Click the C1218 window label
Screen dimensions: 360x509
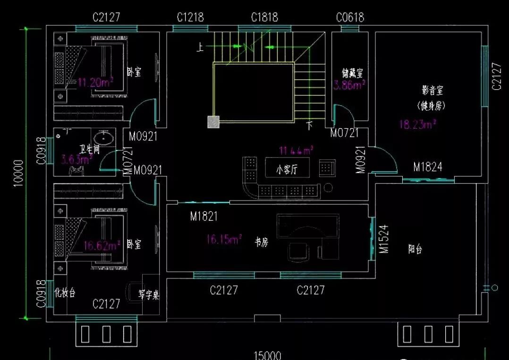pos(190,17)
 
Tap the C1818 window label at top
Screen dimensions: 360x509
pos(264,17)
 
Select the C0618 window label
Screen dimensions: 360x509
pos(350,17)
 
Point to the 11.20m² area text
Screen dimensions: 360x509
pos(95,83)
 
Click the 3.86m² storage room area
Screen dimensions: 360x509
pos(349,85)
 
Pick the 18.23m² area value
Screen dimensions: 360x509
pos(417,125)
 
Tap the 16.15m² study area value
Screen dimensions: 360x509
pos(224,239)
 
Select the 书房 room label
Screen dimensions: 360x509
pos(262,243)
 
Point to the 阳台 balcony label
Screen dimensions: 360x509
pos(415,250)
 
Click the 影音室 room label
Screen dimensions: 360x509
pos(433,90)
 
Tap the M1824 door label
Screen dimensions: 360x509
pos(427,167)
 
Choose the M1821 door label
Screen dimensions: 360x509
pos(204,217)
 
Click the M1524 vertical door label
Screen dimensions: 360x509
pos(384,239)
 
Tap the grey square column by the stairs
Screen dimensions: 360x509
pos(213,122)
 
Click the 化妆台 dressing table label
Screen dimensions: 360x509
pos(65,293)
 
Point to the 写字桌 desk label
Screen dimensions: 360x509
pos(149,295)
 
